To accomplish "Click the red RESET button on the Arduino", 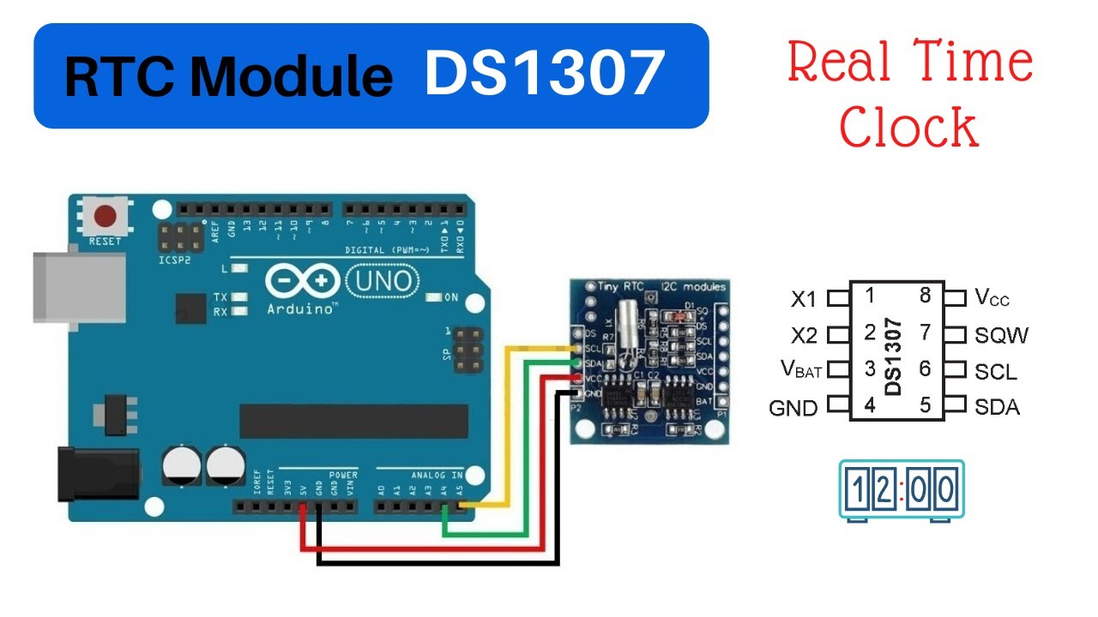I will coord(106,215).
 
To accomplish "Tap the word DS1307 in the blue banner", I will coord(544,75).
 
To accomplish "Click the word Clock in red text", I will coord(908,127).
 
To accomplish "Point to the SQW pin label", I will coord(1001,335).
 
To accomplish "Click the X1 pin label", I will coord(804,299).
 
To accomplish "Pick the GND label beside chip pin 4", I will coord(793,409).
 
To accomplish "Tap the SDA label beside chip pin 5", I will coord(997,407).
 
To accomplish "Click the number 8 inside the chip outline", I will coord(925,296).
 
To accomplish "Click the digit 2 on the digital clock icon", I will coord(884,490).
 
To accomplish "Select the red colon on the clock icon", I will coord(901,490).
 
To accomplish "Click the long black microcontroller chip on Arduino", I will coord(353,419).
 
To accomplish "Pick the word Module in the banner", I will coord(292,77).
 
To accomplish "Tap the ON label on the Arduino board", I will coord(449,297).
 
